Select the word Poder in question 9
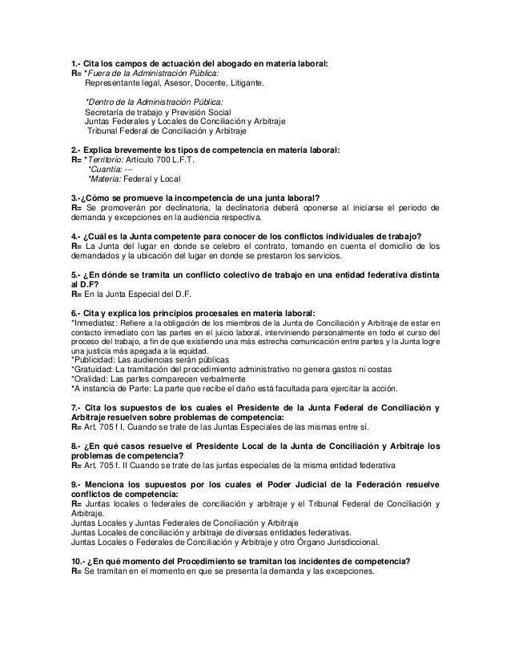[x=284, y=484]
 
